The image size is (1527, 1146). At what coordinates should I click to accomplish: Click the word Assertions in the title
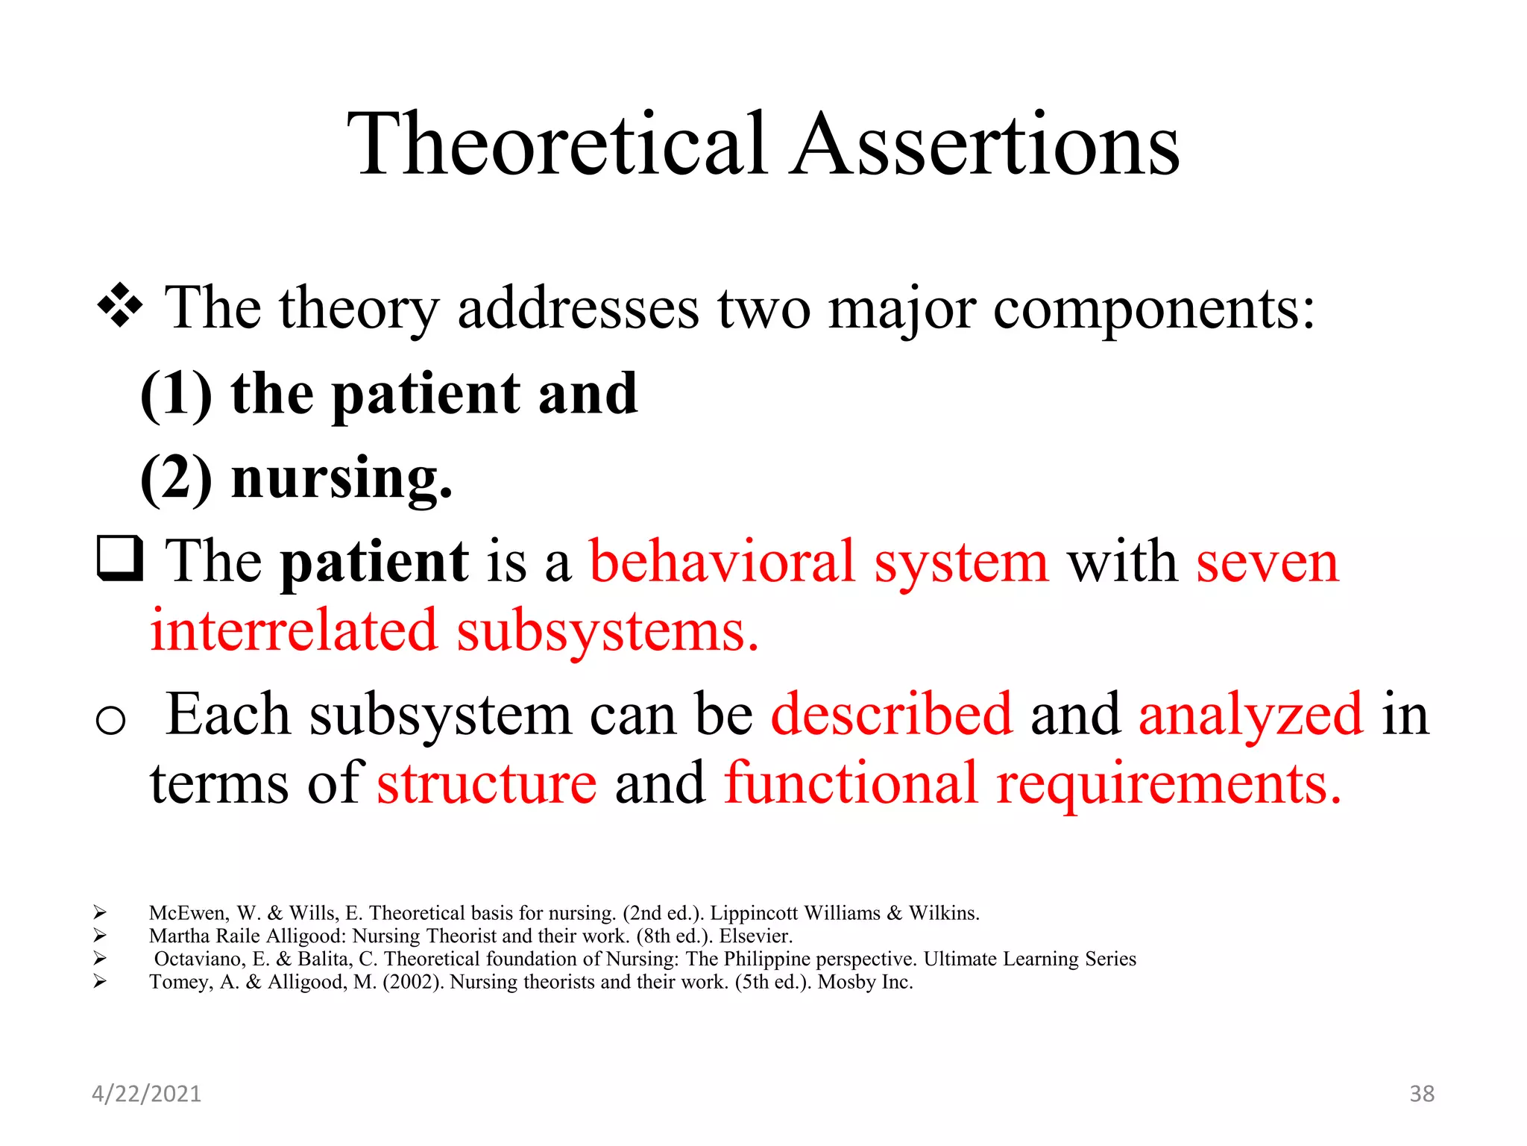pyautogui.click(x=986, y=145)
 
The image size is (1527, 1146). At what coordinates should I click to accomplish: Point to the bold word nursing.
pyautogui.click(x=341, y=479)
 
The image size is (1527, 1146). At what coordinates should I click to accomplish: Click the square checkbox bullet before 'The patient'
pyautogui.click(x=119, y=560)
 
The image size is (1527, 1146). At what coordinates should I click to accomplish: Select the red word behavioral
pyautogui.click(x=722, y=562)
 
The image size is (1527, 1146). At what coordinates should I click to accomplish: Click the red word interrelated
pyautogui.click(x=293, y=631)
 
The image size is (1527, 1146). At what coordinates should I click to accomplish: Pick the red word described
pyautogui.click(x=892, y=715)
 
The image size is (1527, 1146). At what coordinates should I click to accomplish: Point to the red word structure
pyautogui.click(x=487, y=784)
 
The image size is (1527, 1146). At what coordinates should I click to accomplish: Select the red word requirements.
pyautogui.click(x=1168, y=784)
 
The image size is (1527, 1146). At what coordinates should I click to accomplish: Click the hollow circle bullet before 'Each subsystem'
pyautogui.click(x=110, y=721)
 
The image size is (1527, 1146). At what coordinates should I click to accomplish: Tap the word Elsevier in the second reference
pyautogui.click(x=755, y=936)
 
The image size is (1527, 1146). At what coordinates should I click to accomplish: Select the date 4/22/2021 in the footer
pyautogui.click(x=146, y=1094)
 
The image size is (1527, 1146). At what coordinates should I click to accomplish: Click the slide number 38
pyautogui.click(x=1421, y=1094)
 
